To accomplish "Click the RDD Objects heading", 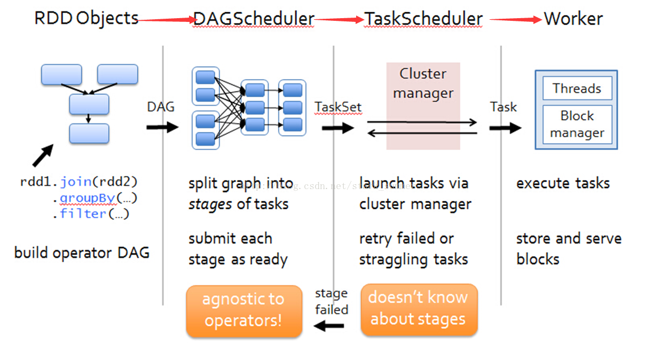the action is (86, 19).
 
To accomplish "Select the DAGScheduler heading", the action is (254, 19).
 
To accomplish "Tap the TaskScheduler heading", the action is (423, 19).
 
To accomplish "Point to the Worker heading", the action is (573, 19).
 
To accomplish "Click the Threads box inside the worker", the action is (577, 88).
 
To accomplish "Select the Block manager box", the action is (577, 124).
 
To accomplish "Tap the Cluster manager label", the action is (423, 83).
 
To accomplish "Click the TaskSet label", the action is (338, 107).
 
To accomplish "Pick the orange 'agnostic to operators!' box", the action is (244, 311).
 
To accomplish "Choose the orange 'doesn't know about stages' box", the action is (419, 310).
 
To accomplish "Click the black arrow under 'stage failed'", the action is (328, 326).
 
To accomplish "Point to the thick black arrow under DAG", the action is (162, 127).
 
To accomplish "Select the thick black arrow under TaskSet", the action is (338, 128).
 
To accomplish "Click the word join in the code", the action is (76, 182).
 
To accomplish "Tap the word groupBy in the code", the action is (88, 198).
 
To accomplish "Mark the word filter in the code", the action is (83, 214).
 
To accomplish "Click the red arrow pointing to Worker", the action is (516, 20).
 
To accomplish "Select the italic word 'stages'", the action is (210, 205).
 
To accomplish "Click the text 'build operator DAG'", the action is (82, 253).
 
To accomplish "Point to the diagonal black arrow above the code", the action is (43, 155).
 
